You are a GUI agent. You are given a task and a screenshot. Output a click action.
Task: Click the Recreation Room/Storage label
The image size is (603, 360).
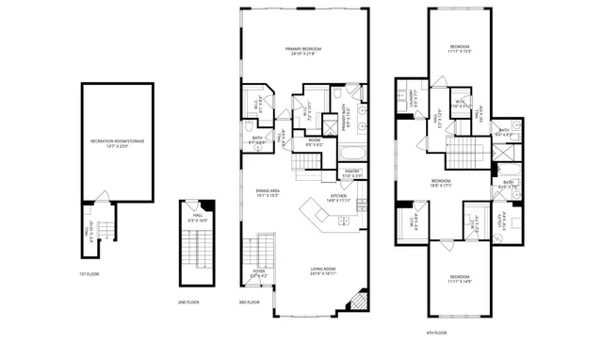(118, 143)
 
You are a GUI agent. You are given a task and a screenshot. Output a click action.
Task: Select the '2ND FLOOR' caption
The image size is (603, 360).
(187, 302)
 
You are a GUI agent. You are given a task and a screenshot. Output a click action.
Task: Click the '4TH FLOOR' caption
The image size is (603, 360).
(434, 332)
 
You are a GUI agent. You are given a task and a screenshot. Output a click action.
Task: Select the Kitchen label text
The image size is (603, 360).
(337, 198)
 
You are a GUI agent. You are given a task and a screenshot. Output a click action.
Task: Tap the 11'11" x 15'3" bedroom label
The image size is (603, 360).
(459, 49)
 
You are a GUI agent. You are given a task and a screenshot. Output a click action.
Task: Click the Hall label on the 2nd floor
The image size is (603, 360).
(198, 217)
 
